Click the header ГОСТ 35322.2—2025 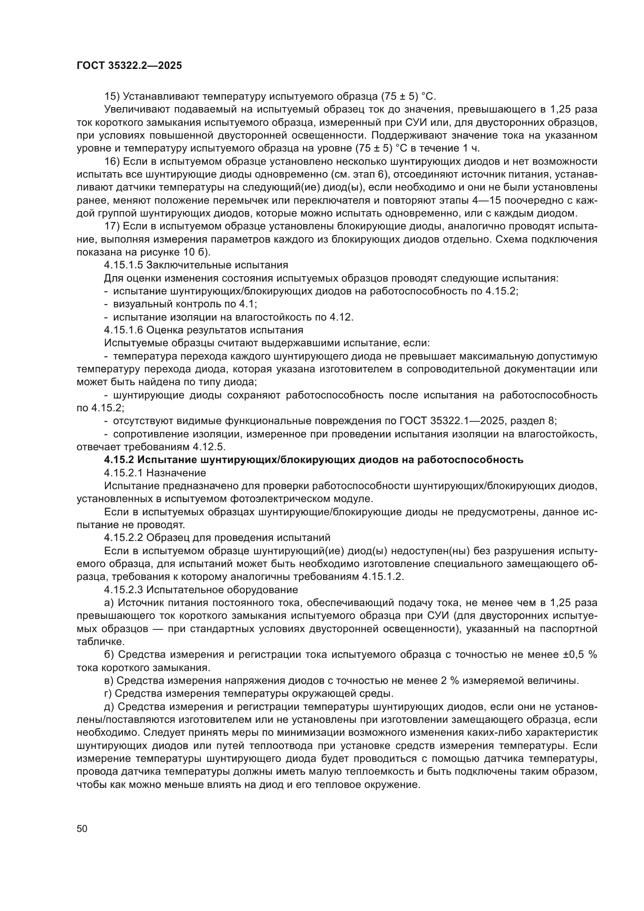click(x=129, y=66)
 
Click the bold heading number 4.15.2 click(x=119, y=460)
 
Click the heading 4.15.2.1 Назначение click(x=155, y=473)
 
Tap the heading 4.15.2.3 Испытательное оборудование click(x=201, y=590)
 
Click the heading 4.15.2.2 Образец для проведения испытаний click(x=217, y=537)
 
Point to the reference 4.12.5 click(x=209, y=447)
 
